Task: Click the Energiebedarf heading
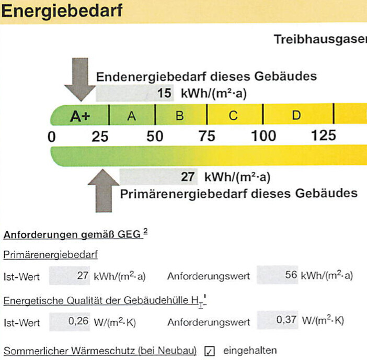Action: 62,12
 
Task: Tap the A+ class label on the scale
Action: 80,116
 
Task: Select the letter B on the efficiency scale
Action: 180,116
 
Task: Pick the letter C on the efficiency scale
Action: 233,116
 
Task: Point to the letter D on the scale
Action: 296,115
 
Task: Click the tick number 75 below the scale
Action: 207,136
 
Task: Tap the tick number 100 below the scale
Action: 263,136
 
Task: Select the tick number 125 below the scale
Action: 324,136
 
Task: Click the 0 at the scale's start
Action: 51,137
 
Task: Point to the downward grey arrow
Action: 80,80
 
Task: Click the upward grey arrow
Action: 104,190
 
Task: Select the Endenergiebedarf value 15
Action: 164,93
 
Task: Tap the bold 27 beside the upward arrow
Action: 188,177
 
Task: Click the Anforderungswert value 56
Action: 291,275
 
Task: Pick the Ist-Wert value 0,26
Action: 78,321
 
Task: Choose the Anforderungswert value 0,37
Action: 286,320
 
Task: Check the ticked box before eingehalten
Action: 209,351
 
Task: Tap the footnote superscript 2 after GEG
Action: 145,231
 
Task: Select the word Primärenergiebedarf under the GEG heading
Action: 51,255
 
